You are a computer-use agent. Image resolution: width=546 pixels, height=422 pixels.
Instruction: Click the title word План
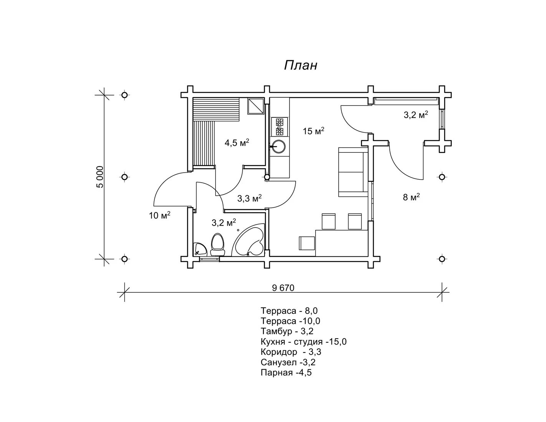pyautogui.click(x=301, y=65)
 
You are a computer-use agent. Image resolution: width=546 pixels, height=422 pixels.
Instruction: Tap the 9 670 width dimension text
pyautogui.click(x=283, y=288)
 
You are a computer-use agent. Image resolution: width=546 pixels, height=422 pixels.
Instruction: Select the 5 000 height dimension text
pyautogui.click(x=100, y=177)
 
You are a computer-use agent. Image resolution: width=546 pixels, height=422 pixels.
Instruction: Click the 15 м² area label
pyautogui.click(x=313, y=130)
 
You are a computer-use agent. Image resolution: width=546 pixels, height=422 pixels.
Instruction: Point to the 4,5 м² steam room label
pyautogui.click(x=237, y=142)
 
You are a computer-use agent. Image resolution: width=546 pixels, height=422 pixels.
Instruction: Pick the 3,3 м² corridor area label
pyautogui.click(x=249, y=198)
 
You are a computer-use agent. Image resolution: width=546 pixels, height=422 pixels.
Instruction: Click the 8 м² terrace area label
pyautogui.click(x=411, y=197)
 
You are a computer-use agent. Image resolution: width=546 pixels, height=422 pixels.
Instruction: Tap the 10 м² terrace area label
pyautogui.click(x=160, y=215)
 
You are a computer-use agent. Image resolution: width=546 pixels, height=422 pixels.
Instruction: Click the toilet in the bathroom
pyautogui.click(x=217, y=244)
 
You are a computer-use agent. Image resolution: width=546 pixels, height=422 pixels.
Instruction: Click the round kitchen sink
pyautogui.click(x=278, y=146)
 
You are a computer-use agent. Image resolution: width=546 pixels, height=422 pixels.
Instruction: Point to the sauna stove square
pyautogui.click(x=256, y=106)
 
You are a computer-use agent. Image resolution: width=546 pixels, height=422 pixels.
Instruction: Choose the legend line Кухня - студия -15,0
pyautogui.click(x=304, y=342)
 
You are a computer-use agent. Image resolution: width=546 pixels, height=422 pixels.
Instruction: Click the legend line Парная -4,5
pyautogui.click(x=286, y=373)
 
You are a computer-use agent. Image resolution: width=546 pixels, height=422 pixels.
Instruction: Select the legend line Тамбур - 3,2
pyautogui.click(x=287, y=331)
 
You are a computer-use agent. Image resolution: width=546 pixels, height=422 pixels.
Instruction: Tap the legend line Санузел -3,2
pyautogui.click(x=288, y=362)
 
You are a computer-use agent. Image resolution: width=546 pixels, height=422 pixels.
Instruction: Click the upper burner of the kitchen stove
pyautogui.click(x=279, y=122)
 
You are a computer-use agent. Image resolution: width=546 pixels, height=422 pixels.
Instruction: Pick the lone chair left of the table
pyautogui.click(x=307, y=243)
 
